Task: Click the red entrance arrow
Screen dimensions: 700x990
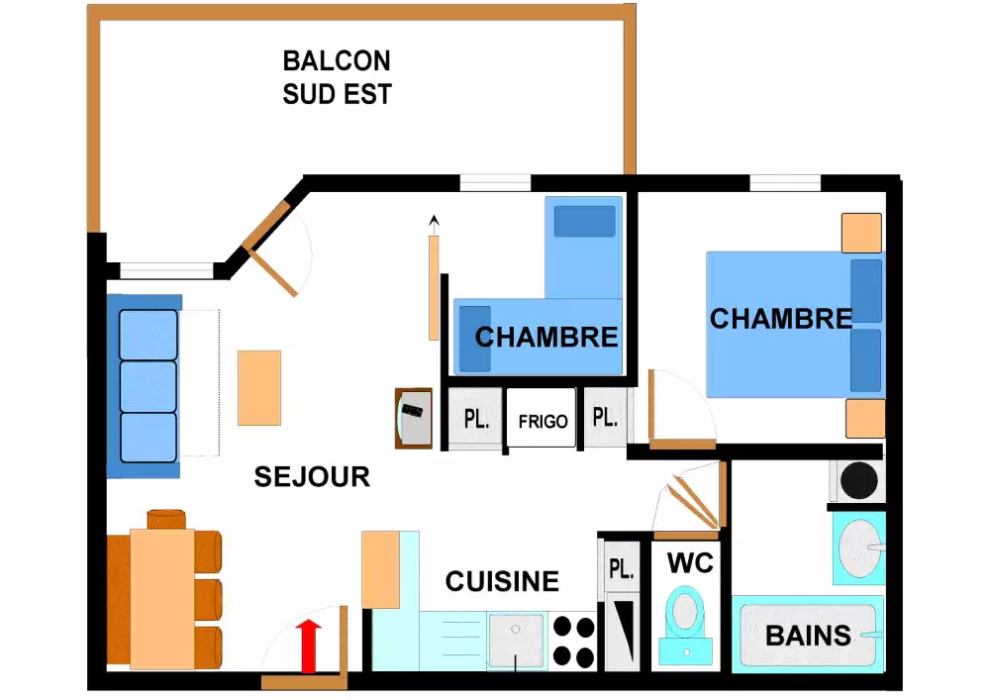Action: click(311, 645)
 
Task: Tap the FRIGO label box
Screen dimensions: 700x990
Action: click(542, 420)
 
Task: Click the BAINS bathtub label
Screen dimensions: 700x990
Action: click(809, 635)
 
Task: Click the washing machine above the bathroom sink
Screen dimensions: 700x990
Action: click(856, 480)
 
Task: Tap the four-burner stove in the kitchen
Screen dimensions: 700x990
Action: click(573, 641)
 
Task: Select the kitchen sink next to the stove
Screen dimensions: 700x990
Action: click(516, 640)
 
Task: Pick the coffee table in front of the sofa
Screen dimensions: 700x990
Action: click(259, 387)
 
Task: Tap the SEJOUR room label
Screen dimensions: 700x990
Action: click(312, 476)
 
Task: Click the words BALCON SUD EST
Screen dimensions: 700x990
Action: click(337, 77)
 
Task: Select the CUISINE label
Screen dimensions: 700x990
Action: click(502, 581)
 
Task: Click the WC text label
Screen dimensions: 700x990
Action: click(690, 563)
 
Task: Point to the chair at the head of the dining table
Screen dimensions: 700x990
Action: click(166, 519)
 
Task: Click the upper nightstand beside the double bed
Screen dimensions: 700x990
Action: click(861, 233)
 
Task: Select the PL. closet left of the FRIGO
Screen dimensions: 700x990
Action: click(476, 419)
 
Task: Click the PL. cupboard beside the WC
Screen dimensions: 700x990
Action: click(621, 569)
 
